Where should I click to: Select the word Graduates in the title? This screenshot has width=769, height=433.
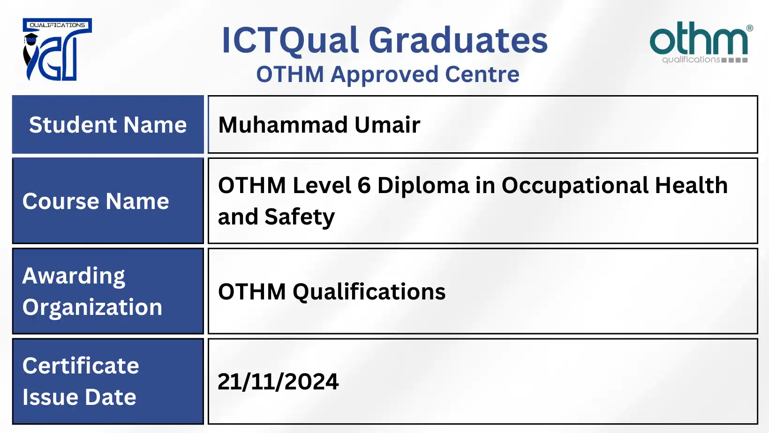click(x=458, y=40)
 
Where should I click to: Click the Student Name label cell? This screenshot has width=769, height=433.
click(x=108, y=125)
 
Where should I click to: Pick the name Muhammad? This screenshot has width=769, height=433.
click(x=283, y=125)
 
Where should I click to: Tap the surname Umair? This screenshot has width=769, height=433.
click(x=387, y=125)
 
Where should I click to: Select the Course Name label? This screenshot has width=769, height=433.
click(x=96, y=202)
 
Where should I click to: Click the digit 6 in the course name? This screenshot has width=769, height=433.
click(x=364, y=186)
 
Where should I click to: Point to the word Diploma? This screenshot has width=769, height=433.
click(x=423, y=186)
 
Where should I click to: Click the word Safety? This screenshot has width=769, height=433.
click(x=300, y=217)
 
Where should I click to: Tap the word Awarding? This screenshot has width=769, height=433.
click(x=74, y=276)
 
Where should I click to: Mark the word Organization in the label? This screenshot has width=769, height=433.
click(x=92, y=307)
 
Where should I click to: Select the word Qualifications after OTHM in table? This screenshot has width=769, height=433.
click(x=369, y=292)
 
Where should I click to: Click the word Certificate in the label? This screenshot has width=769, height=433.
click(x=81, y=366)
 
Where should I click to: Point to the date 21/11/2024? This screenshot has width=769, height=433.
click(x=278, y=382)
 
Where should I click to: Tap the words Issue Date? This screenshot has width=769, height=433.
click(x=79, y=397)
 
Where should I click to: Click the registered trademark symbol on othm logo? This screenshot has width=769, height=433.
click(x=749, y=28)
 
